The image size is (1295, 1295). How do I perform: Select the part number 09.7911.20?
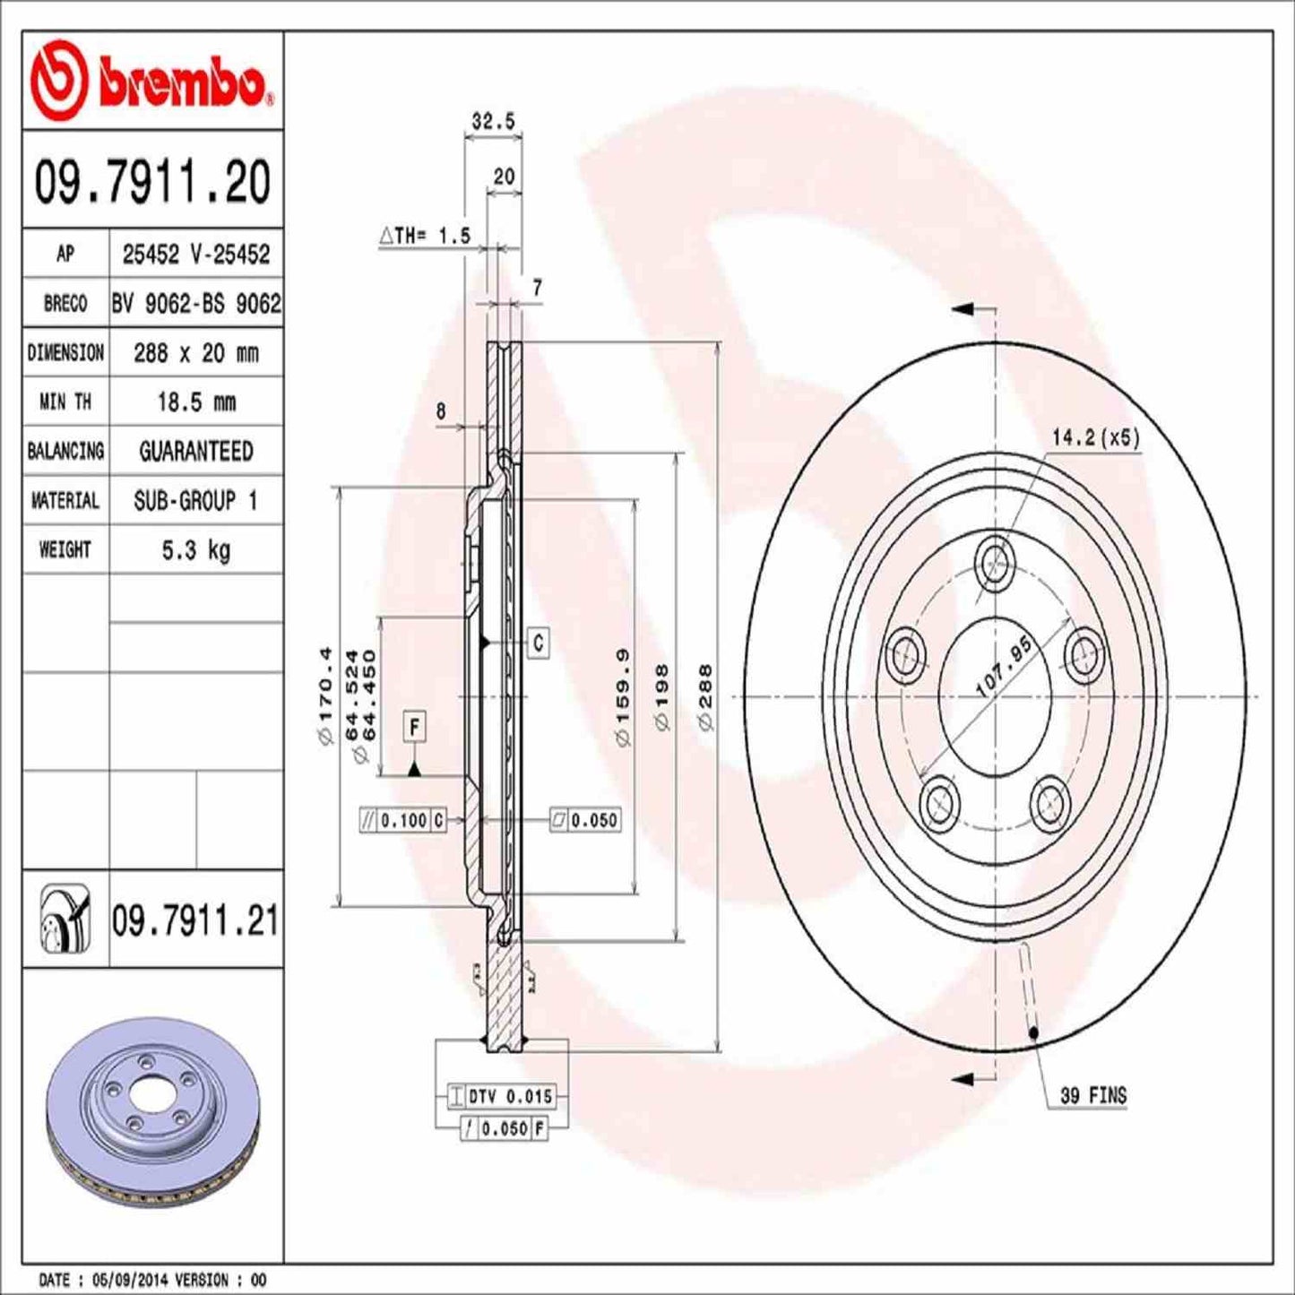point(152,182)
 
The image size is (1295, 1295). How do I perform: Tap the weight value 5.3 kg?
point(195,549)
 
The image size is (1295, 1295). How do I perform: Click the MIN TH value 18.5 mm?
point(195,401)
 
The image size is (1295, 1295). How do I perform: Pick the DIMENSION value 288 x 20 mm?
point(195,353)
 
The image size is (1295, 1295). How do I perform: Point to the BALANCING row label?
point(65,451)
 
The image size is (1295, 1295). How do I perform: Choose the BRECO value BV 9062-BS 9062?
point(195,304)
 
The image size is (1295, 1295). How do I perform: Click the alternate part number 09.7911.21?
point(194,920)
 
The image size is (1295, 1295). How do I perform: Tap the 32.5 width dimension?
point(493,121)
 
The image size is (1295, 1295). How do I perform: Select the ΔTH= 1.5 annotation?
point(425,236)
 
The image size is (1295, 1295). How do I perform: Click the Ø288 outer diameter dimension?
point(705,697)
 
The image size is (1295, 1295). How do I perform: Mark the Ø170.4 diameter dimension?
point(325,696)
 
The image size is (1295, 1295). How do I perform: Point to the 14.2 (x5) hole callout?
point(1095,437)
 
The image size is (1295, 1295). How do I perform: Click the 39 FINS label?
point(1092,1095)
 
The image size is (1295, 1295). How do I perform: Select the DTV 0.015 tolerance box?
point(501,1096)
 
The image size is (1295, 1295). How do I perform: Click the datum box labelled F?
point(414,727)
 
